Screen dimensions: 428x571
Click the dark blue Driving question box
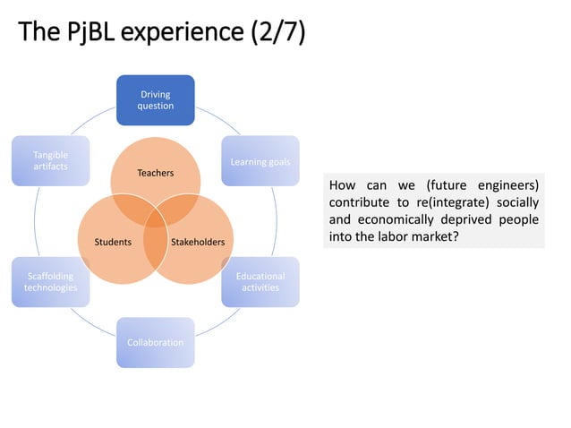(155, 99)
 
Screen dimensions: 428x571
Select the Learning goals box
(260, 161)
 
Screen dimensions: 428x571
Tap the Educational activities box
(260, 282)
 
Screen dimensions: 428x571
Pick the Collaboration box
(155, 342)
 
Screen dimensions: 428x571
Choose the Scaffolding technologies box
(50, 282)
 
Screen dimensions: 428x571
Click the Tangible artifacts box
(50, 161)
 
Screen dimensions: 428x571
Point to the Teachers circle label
(155, 172)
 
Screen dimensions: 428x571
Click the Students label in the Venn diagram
(114, 242)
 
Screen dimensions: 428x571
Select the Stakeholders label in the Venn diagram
(197, 242)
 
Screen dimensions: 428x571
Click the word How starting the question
(343, 185)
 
